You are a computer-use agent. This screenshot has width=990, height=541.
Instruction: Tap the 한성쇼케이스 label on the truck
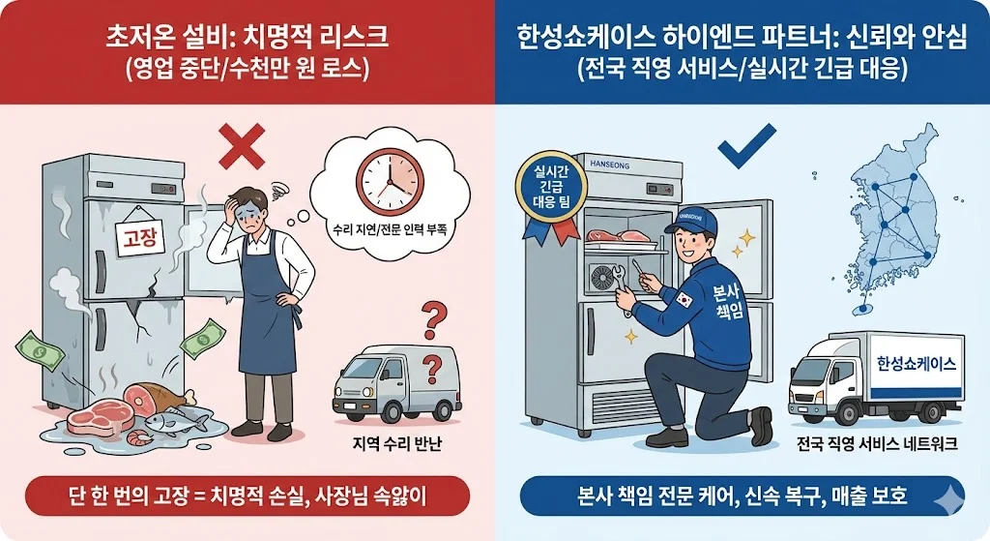coord(914,365)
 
